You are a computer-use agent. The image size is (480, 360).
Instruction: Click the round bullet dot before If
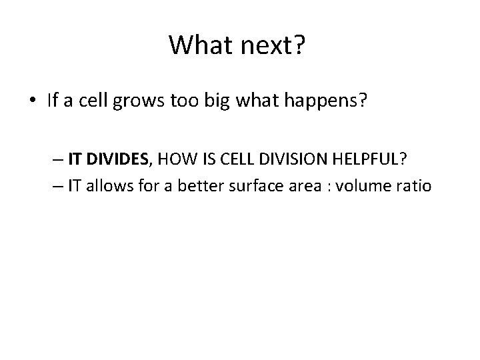pos(33,102)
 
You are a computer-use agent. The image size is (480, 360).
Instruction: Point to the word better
pos(193,186)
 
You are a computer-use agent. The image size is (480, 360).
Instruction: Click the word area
pos(297,187)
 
